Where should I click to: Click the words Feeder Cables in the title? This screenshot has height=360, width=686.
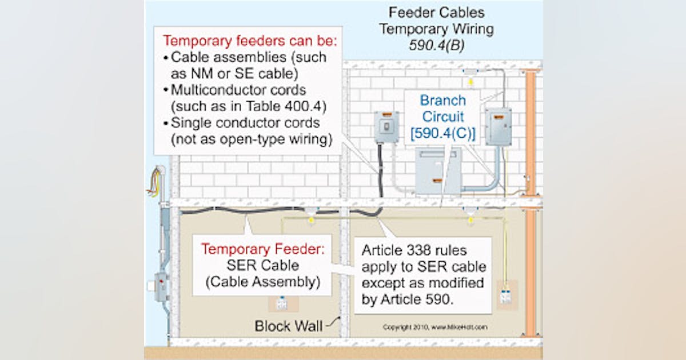click(x=436, y=12)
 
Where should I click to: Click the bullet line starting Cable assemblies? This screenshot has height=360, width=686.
click(x=248, y=57)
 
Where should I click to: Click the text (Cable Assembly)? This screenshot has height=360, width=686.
click(x=261, y=282)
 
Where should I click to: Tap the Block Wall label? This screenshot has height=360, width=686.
click(x=288, y=326)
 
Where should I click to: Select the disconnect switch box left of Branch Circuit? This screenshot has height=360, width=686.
click(x=386, y=127)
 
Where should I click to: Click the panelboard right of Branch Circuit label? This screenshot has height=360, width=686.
click(x=498, y=126)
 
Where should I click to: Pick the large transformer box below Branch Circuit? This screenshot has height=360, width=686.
click(x=438, y=171)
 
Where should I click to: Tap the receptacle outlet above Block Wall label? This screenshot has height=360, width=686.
click(x=281, y=303)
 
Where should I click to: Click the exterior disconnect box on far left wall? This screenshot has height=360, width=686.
click(x=162, y=286)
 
